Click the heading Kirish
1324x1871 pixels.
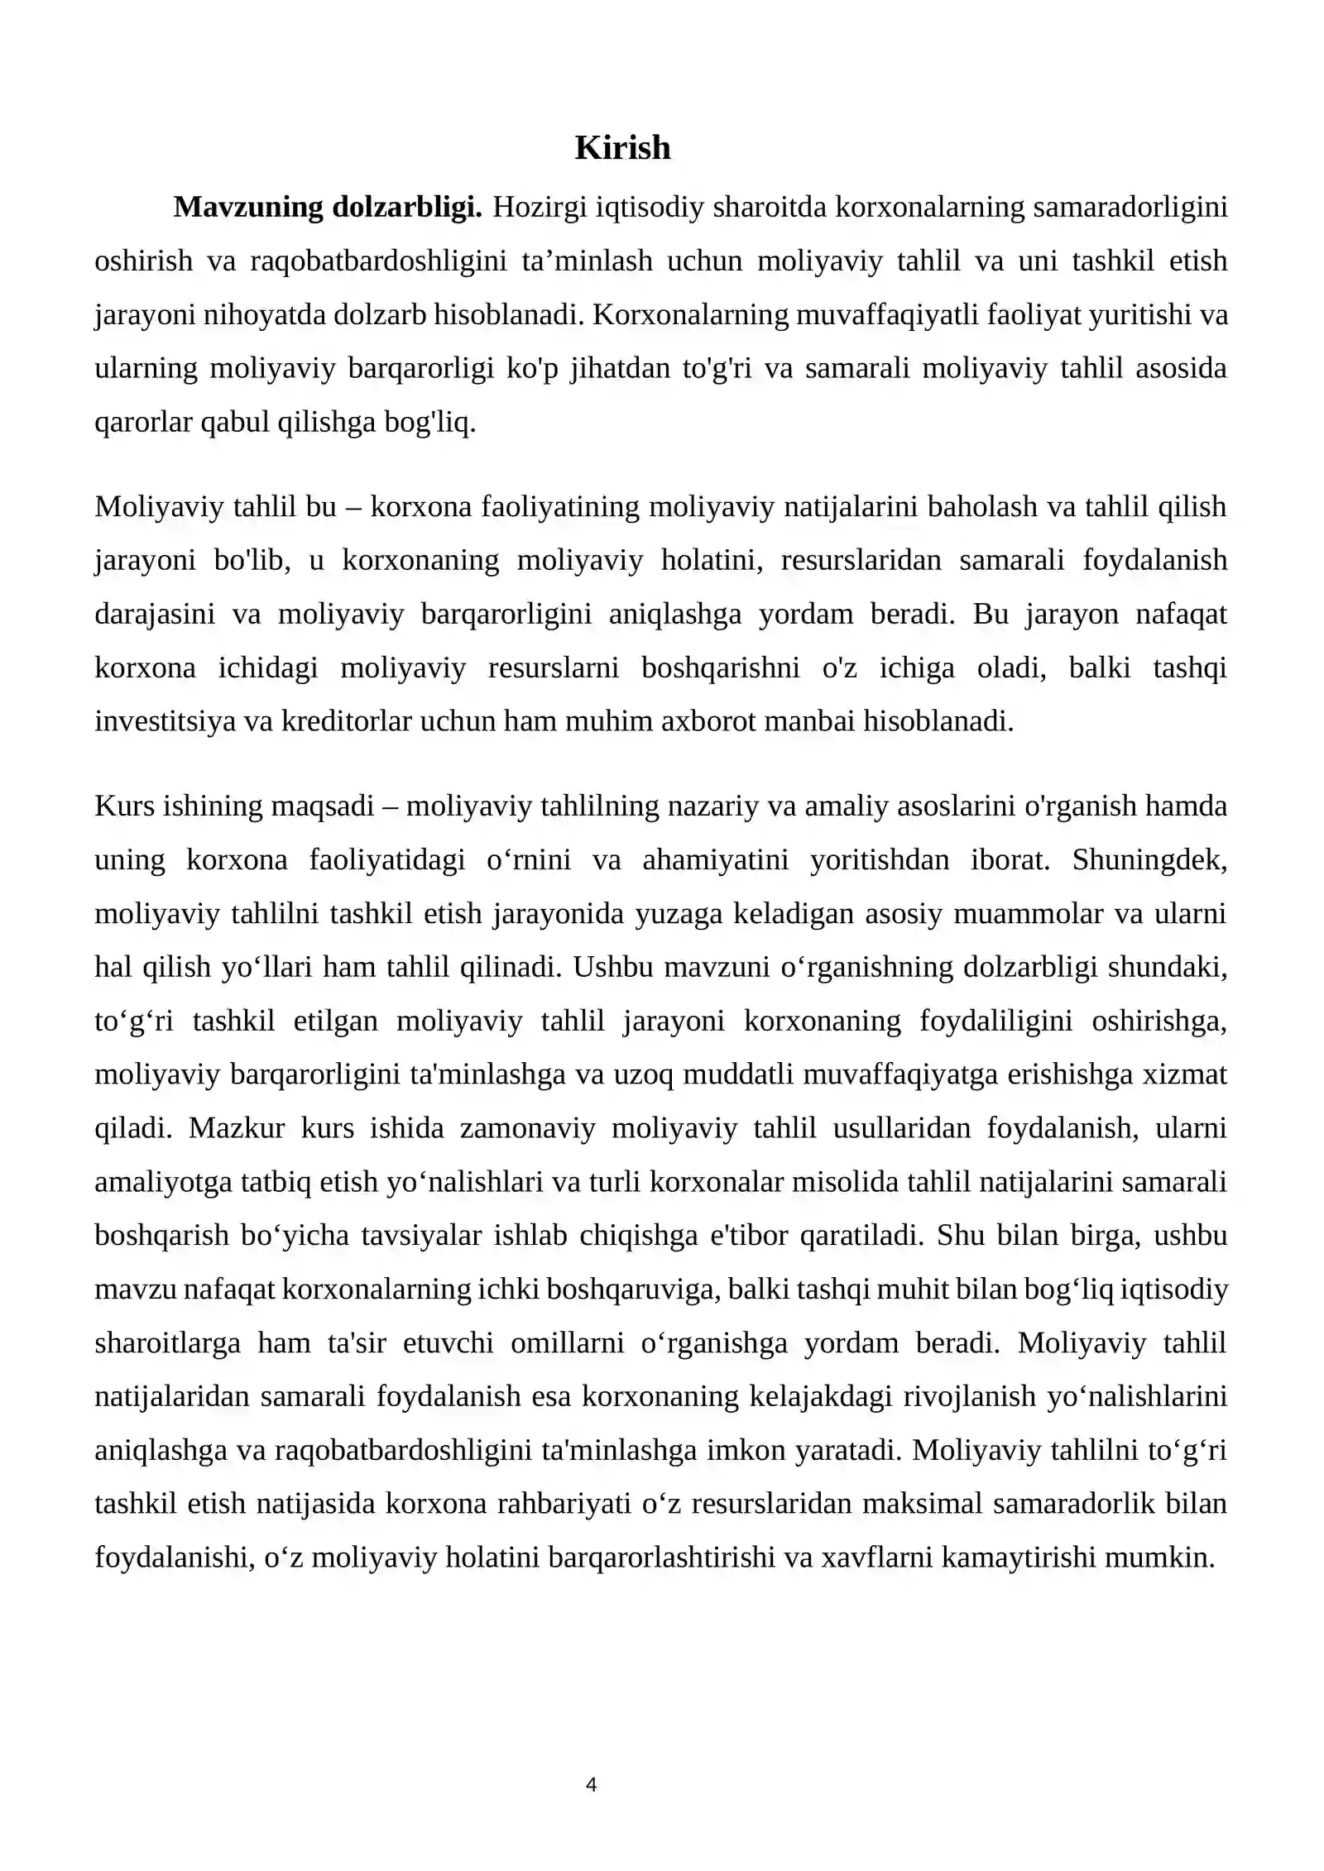622,148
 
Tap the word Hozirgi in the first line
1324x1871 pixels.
540,207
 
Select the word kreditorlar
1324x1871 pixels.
348,721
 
